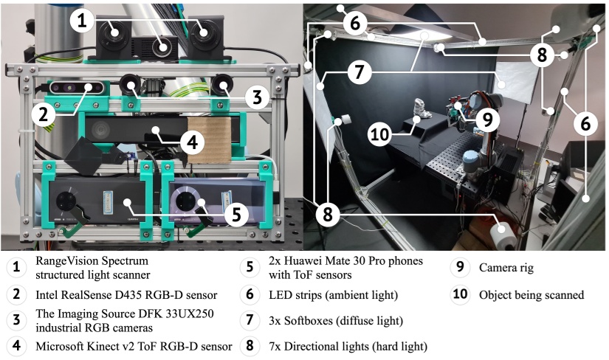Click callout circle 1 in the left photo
(x=83, y=20)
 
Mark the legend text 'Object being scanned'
(x=531, y=295)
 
